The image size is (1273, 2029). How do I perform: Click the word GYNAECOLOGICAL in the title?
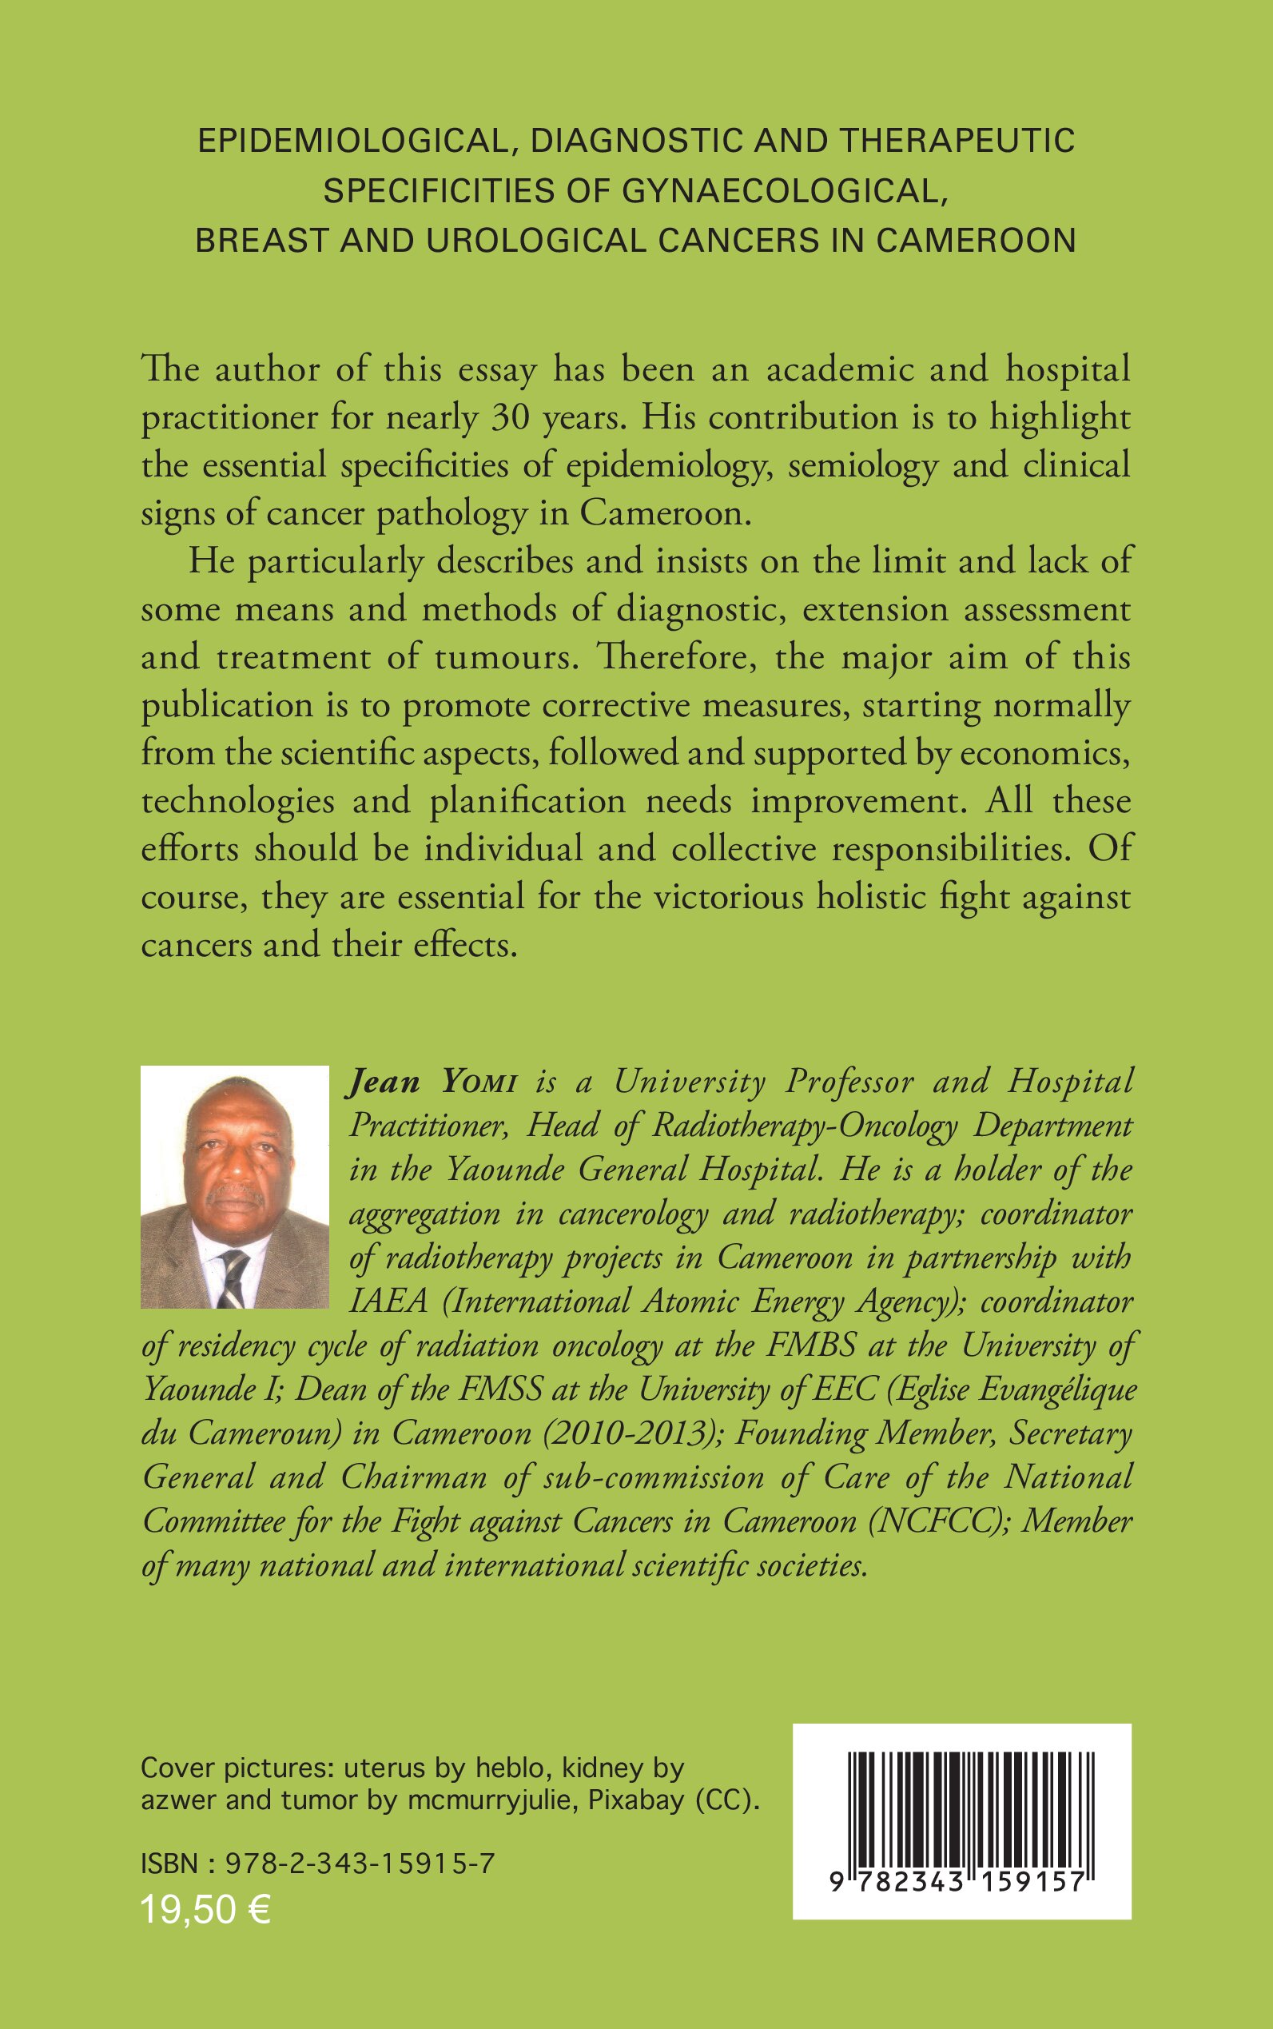780,192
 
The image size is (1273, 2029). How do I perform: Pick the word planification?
528,800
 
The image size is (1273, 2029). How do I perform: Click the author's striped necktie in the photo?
233,1276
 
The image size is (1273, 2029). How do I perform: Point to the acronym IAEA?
388,1302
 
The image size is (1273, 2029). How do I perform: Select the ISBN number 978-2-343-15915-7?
360,1864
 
